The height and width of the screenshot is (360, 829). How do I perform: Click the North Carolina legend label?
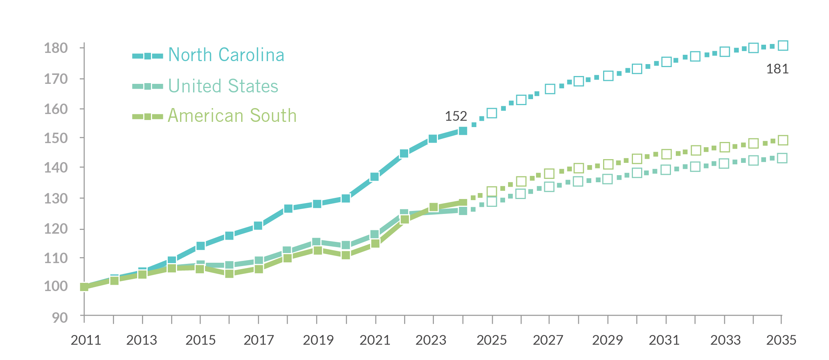coord(226,55)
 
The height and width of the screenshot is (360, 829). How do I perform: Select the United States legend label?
coord(223,86)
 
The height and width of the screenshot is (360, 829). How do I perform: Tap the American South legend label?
coord(232,116)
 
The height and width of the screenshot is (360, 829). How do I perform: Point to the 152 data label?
coord(456,116)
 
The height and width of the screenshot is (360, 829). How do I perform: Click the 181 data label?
coord(777,69)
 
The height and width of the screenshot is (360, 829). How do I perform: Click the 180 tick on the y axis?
coord(56,48)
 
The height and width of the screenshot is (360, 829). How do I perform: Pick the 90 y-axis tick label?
coord(60,318)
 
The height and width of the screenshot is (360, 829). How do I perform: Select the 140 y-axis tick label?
coord(56,168)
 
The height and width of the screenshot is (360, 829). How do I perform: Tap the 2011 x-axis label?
coord(86,340)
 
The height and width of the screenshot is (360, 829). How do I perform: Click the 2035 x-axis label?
coord(781,340)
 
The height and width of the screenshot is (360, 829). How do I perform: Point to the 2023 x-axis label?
coord(431,340)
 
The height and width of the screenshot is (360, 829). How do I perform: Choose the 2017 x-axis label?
coord(259,340)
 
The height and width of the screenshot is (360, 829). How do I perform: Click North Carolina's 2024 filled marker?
coord(463,131)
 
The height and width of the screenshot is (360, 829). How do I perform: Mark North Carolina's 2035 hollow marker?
coord(783,46)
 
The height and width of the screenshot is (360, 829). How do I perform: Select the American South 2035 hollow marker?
coord(783,140)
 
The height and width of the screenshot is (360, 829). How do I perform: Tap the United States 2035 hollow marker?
coord(783,158)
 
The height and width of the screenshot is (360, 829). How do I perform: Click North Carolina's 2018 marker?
coord(288,208)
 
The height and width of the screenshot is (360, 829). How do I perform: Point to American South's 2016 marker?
coord(229,274)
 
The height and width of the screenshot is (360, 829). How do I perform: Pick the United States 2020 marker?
coord(346,245)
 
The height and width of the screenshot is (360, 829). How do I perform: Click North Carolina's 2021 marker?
coord(375,177)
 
